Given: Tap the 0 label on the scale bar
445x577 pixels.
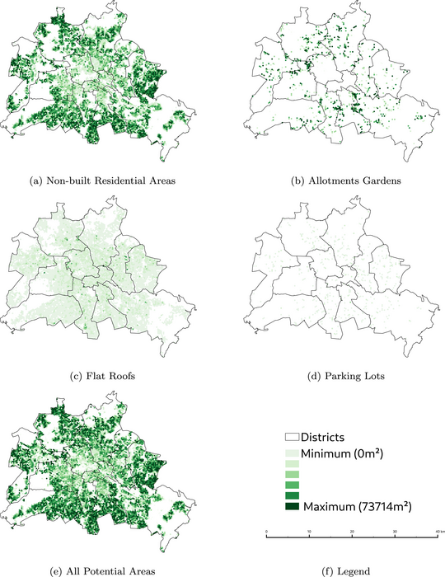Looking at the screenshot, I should click(266, 531).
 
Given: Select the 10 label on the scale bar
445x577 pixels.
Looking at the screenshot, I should click(309, 531).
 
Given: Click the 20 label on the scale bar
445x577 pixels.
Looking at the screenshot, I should click(352, 531).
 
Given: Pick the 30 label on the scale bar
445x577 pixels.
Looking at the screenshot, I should click(395, 531).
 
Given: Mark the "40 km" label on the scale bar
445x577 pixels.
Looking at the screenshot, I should click(437, 531).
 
